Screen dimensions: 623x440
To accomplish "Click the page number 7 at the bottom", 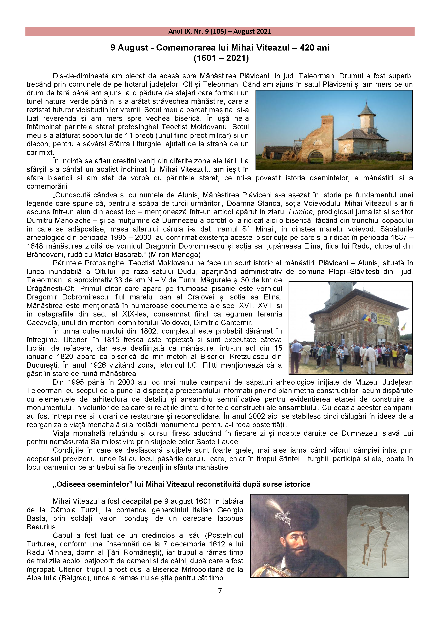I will (x=220, y=590).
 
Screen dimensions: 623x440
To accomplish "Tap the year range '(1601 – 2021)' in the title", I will (x=221, y=58).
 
